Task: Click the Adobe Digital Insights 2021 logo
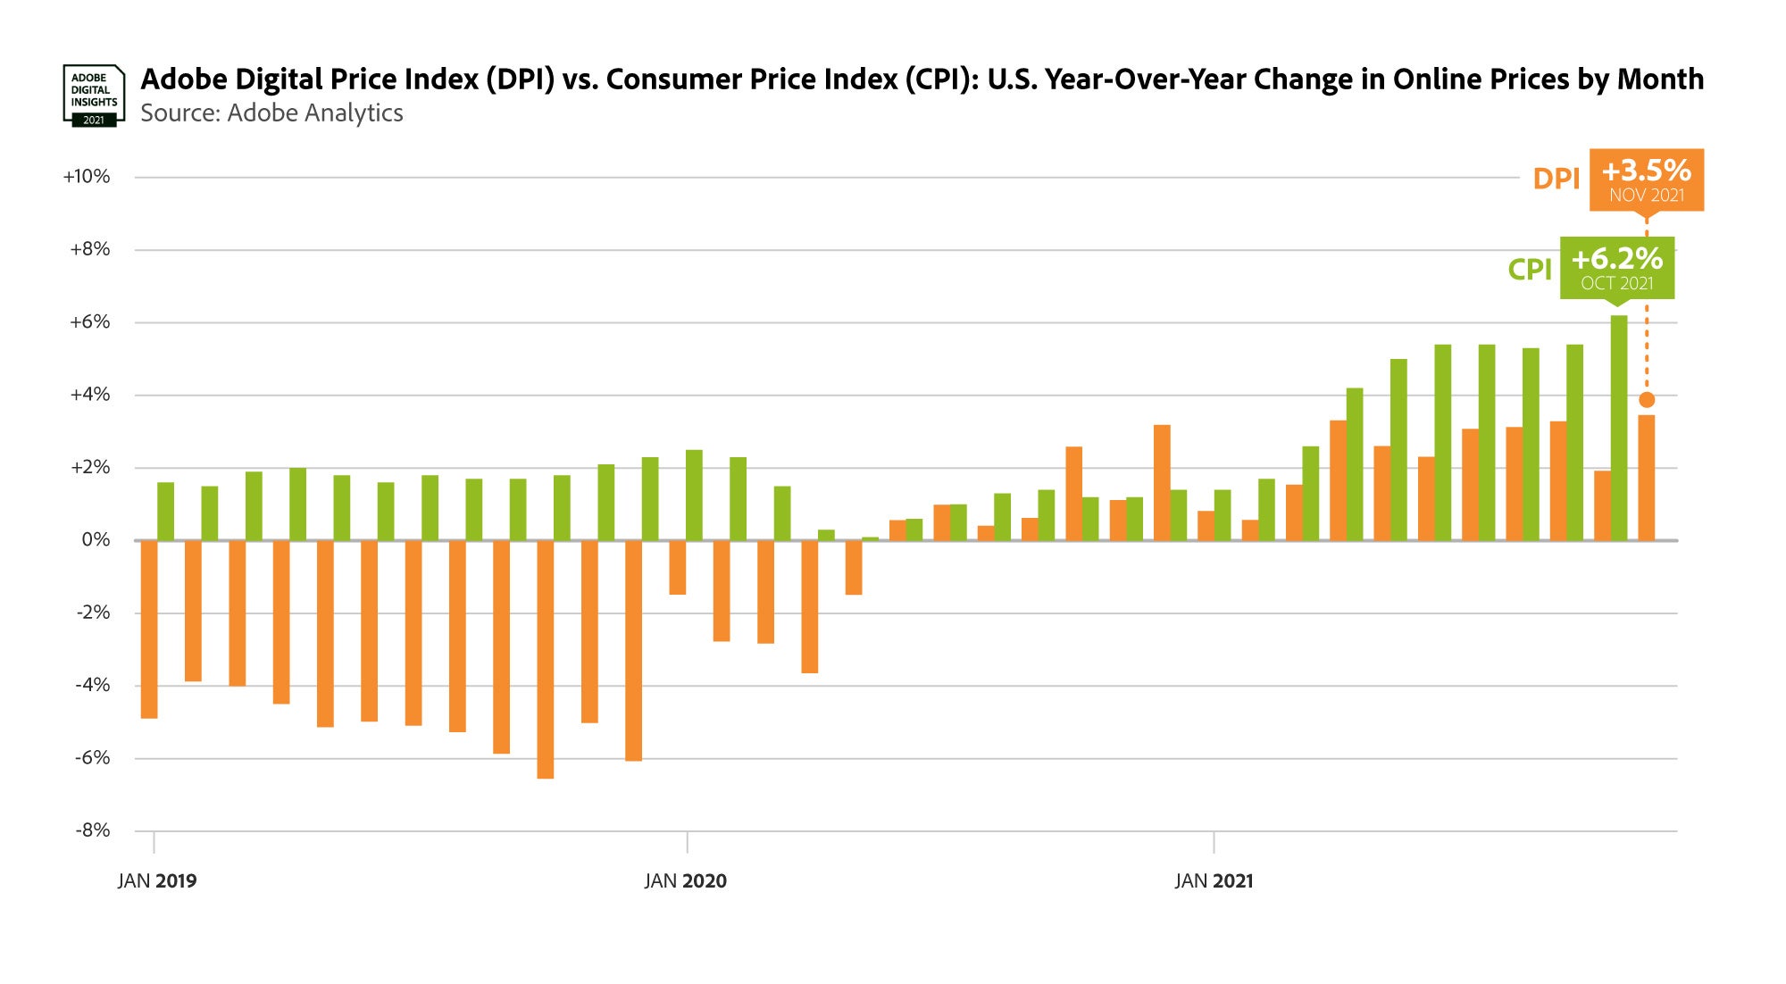pos(93,95)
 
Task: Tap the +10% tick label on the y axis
pos(87,177)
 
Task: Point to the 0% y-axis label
pos(96,539)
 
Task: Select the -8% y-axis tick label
pos(93,830)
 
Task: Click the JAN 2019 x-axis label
pos(157,881)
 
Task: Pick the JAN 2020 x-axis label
pos(686,881)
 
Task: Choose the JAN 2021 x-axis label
pos(1214,881)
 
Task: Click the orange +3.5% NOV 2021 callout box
pos(1646,179)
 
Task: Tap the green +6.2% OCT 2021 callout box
pos(1616,268)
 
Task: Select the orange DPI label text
pos(1556,179)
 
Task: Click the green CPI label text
pos(1530,270)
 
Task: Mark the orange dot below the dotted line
pos(1647,400)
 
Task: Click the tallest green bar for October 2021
pos(1619,429)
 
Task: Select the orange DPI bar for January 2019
pos(149,629)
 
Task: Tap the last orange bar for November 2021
pos(1647,478)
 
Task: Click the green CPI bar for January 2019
pos(166,512)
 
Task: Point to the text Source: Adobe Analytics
pos(271,113)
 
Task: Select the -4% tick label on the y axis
pos(93,685)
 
